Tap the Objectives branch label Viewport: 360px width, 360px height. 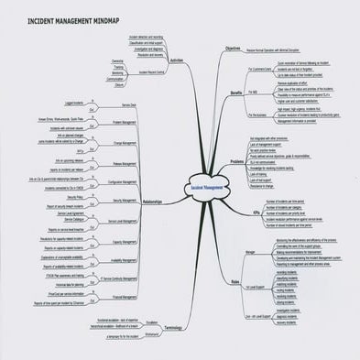233,48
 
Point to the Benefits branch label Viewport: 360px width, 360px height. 235,93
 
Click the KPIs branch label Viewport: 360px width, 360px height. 239,213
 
